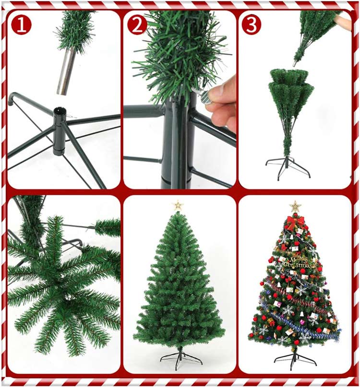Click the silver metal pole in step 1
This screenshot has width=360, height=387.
coord(66,71)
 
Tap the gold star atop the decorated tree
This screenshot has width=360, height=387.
coord(295,206)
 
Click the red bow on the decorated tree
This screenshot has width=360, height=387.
coord(295,222)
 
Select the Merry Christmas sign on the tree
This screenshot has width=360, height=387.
coord(298,262)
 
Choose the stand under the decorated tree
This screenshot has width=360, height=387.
coord(295,358)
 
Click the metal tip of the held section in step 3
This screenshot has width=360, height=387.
coord(296,64)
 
